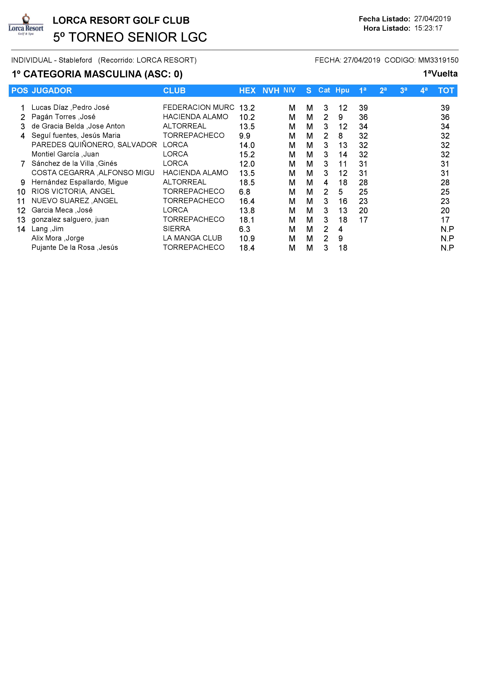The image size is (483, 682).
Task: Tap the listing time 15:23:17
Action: point(428,28)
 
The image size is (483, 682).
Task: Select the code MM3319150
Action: point(438,60)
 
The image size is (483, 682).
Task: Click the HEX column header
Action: point(247,91)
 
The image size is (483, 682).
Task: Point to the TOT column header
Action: point(446,91)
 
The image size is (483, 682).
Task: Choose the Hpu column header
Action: point(342,90)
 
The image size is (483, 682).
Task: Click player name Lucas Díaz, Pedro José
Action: point(70,108)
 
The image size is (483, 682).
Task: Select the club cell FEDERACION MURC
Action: point(198,108)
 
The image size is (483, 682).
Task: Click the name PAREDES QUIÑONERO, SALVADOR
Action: point(94,145)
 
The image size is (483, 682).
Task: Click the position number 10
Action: point(21,192)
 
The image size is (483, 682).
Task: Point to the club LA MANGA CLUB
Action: point(192,238)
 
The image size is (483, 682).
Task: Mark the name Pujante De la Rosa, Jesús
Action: point(75,248)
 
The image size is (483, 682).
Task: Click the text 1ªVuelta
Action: point(440,74)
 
